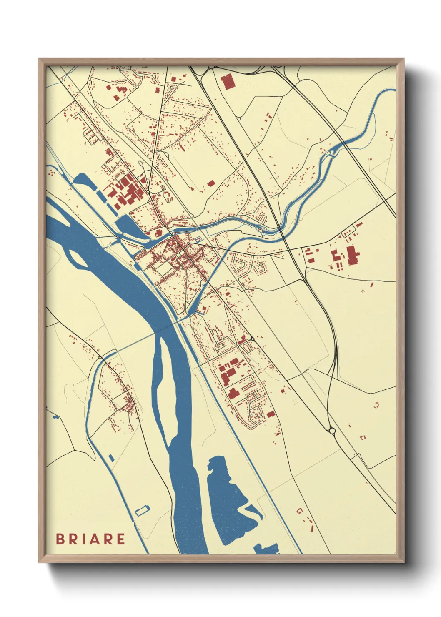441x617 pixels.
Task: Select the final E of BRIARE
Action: tap(120, 539)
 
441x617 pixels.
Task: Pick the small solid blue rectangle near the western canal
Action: tap(111, 458)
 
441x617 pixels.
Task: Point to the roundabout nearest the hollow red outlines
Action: tap(332, 431)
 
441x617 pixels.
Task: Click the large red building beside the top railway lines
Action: tap(228, 82)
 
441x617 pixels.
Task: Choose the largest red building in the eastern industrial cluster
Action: tap(351, 255)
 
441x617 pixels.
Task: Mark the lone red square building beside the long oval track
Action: tap(211, 183)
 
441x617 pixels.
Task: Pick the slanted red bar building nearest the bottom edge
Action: tap(312, 528)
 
